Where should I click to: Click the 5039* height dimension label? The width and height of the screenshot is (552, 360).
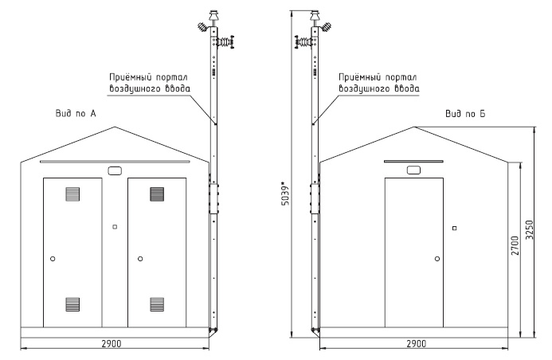286,194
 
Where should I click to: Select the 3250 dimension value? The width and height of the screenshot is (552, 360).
529,230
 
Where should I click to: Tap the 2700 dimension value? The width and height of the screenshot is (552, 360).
515,245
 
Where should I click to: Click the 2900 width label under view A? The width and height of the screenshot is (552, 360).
112,343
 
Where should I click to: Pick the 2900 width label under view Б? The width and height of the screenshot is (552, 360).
417,343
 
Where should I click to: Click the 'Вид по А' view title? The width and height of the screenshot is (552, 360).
76,113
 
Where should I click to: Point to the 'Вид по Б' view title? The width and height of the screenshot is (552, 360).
465,114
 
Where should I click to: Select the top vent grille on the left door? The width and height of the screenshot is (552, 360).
72,194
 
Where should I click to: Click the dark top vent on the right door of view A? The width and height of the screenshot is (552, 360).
157,194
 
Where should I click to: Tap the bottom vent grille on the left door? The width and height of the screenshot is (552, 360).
72,304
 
